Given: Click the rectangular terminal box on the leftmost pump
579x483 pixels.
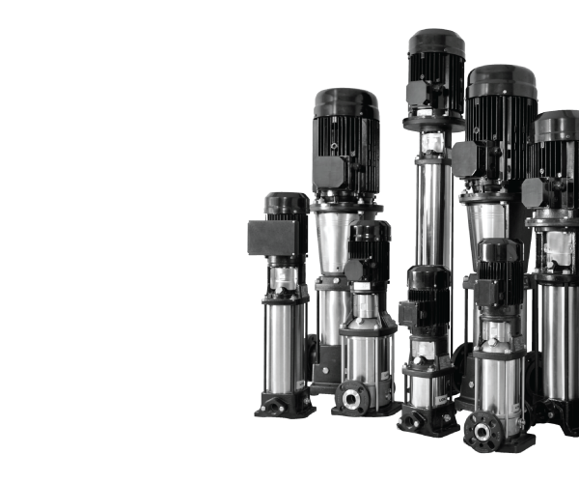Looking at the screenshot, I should pyautogui.click(x=262, y=238).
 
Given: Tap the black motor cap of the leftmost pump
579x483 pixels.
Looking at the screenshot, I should pyautogui.click(x=287, y=202).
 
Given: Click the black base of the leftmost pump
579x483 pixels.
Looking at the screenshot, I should pyautogui.click(x=285, y=403).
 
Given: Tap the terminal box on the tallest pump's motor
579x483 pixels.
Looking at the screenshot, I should pyautogui.click(x=418, y=93).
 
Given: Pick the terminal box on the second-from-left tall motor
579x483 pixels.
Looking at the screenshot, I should pyautogui.click(x=329, y=173).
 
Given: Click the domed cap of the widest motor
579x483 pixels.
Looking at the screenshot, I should pyautogui.click(x=501, y=77).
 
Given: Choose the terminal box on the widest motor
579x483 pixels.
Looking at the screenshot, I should pyautogui.click(x=466, y=157).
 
